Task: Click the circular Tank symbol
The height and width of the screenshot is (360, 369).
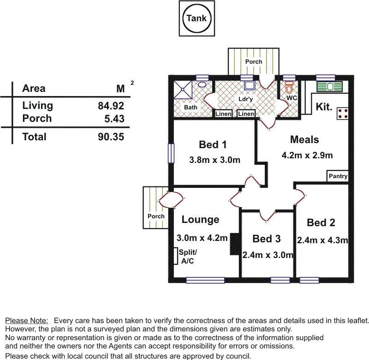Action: tap(196, 19)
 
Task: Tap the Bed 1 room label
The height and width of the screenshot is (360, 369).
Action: tap(213, 145)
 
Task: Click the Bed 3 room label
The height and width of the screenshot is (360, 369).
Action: tap(266, 239)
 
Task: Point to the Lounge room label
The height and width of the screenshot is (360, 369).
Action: tap(200, 220)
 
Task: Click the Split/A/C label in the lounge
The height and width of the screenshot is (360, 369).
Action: tap(187, 256)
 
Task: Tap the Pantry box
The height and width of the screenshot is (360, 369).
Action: tap(338, 176)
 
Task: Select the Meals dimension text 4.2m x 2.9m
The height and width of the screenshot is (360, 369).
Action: tap(307, 155)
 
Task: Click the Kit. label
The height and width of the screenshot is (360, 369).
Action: tap(324, 107)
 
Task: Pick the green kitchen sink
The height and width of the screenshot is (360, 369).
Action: tap(329, 86)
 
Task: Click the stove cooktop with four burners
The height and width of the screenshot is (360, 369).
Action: tap(342, 114)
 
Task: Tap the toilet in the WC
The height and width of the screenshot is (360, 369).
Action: tap(290, 88)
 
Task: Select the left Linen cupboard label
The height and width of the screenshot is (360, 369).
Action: tap(223, 114)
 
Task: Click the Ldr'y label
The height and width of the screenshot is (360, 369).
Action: tap(245, 99)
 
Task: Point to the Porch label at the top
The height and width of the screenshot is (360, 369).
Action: tap(253, 61)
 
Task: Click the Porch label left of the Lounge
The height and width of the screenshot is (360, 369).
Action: tap(156, 216)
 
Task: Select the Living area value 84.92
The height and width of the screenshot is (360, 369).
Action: tap(111, 106)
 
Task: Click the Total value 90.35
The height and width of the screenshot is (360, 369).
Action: tap(111, 137)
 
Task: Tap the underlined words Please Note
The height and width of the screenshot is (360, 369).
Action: tap(26, 320)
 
